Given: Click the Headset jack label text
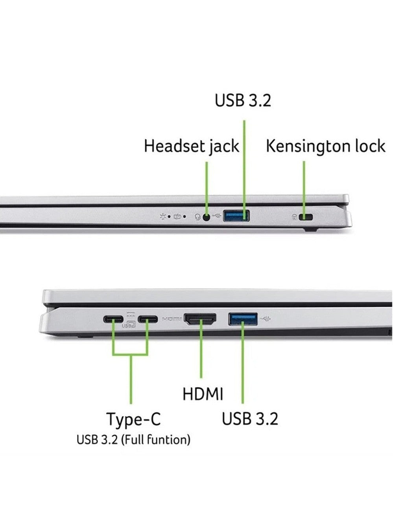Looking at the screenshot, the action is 191,146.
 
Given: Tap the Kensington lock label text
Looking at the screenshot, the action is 325,146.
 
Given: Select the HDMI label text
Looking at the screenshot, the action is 203,394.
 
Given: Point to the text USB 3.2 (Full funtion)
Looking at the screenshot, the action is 133,440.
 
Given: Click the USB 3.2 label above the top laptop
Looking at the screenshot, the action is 243,100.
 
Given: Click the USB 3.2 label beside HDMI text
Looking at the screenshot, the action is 250,419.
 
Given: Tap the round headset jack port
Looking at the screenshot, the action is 207,217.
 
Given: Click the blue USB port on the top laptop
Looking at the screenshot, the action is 236,216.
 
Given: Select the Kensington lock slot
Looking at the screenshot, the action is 306,217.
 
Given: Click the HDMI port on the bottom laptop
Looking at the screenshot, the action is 200,319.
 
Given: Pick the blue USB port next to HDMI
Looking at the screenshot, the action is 243,319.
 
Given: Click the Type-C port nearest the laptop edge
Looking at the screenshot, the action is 113,319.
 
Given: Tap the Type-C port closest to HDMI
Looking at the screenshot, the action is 148,319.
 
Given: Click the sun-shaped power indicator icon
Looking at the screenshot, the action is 163,217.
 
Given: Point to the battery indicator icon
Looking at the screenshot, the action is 177,217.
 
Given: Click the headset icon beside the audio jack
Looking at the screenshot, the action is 198,217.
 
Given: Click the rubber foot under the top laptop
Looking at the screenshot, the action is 310,230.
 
